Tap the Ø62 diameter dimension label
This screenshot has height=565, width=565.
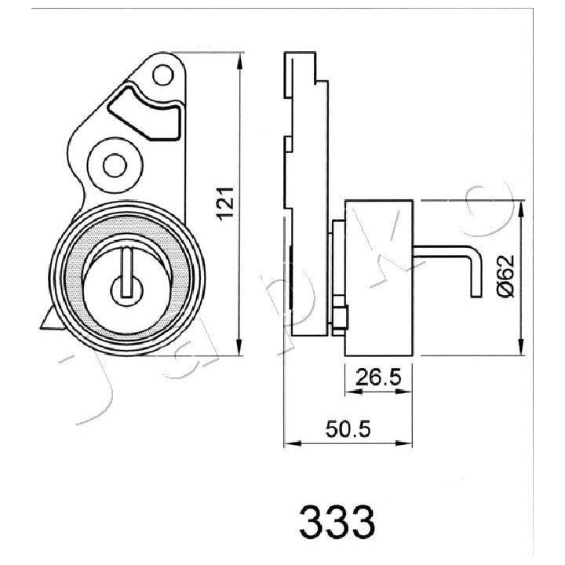[x=505, y=275]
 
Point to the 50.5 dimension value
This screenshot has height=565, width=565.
[x=348, y=429]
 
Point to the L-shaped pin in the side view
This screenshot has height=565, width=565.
[x=447, y=253]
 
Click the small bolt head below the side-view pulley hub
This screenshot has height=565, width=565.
[x=340, y=317]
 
